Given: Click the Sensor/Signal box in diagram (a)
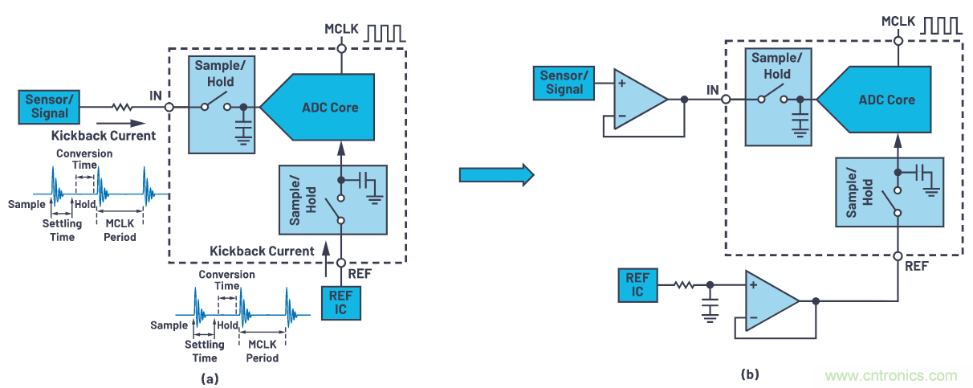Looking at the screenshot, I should (50, 107).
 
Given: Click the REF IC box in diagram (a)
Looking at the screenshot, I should (341, 301).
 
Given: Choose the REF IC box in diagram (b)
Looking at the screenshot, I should (637, 285).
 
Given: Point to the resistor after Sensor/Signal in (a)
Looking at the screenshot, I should (123, 106).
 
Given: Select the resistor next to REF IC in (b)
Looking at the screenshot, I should (683, 285).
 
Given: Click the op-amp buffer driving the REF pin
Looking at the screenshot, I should (769, 301).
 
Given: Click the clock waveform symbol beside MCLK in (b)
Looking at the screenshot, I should (942, 26).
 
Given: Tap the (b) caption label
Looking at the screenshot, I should (751, 374).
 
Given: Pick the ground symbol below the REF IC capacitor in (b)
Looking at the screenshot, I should (710, 315).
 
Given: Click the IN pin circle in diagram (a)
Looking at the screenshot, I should (169, 106).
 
